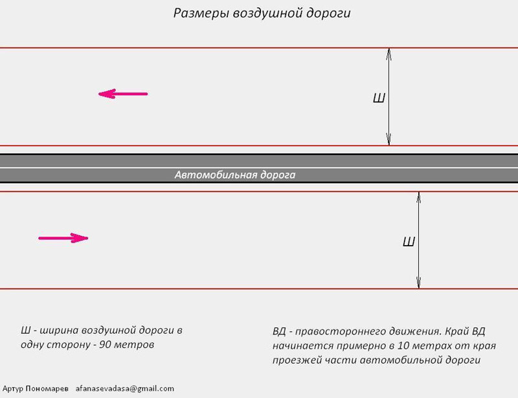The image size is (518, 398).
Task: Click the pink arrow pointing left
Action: (123, 94)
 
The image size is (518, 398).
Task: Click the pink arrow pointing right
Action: (63, 238)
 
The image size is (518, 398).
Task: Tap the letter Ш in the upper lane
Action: (379, 99)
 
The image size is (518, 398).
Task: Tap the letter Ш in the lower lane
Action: (409, 242)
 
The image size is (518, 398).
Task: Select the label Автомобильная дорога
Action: (235, 174)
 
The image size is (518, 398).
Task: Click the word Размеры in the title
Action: (200, 13)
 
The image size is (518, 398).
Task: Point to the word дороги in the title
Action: (329, 14)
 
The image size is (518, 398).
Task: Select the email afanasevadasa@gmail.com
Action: (124, 388)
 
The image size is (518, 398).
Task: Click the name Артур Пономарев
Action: (36, 388)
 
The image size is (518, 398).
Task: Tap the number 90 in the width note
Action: (105, 344)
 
